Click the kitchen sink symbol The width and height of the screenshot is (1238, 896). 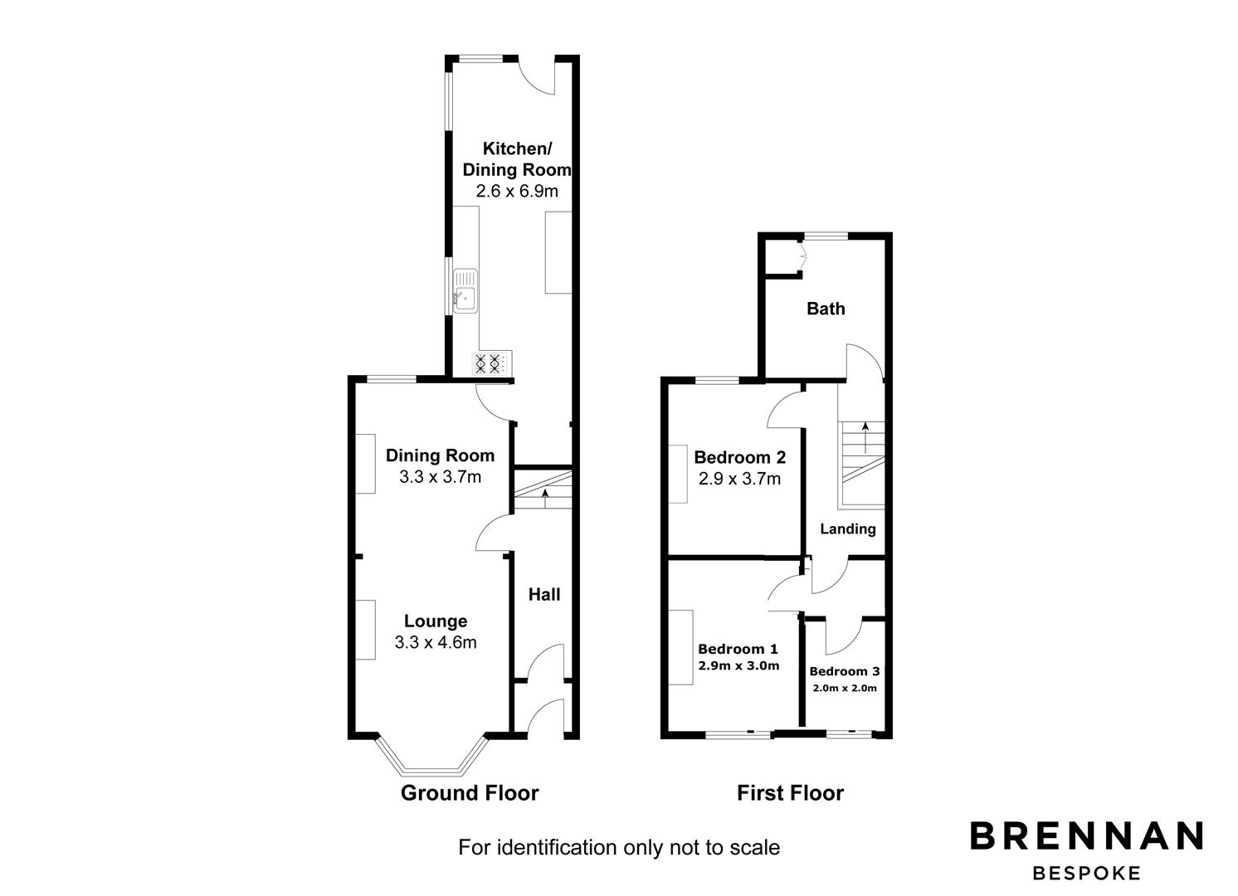pos(465,291)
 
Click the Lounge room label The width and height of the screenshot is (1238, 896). pos(436,621)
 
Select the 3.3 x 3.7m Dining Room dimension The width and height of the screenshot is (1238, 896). pos(441,476)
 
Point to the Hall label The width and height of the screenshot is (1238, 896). pos(544,595)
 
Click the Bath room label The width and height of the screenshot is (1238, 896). pos(826,309)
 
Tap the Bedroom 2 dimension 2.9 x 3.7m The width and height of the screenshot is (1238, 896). pos(739,478)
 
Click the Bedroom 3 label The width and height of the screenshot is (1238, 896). pos(845,671)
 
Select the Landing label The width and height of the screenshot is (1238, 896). pos(848,529)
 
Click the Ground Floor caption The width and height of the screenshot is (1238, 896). pos(470,793)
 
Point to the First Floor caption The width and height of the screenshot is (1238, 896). pos(790,793)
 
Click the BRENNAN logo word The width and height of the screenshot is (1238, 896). pos(1087,835)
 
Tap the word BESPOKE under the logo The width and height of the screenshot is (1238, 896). pos(1087,874)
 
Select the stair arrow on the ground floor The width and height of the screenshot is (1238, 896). pos(545,499)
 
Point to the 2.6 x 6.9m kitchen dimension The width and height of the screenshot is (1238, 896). pos(517,192)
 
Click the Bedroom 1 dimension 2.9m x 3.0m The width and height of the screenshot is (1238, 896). pos(739,666)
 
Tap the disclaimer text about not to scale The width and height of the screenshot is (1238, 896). pos(619,847)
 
